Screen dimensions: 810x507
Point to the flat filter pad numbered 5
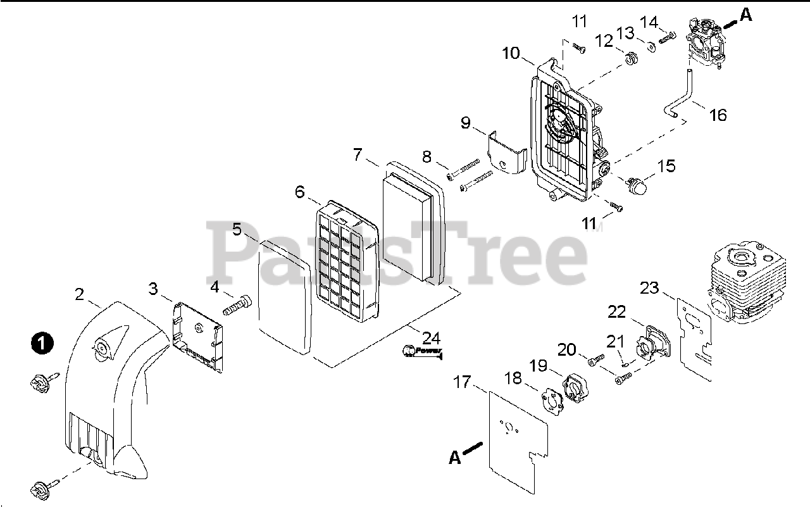click(x=286, y=297)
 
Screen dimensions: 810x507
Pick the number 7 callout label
click(x=358, y=154)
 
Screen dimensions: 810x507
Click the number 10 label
click(x=511, y=53)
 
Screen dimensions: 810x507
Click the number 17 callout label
click(x=463, y=382)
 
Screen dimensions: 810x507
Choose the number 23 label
click(x=649, y=288)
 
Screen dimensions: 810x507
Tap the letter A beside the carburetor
click(x=747, y=15)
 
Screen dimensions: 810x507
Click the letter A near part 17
click(x=455, y=457)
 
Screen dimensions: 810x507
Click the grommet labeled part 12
click(x=630, y=59)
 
